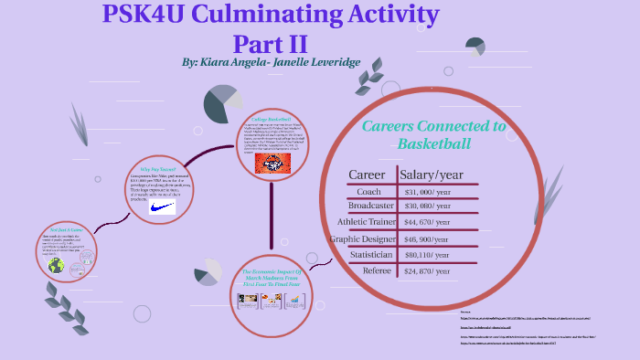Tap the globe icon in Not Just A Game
(57, 266)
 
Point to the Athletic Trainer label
(366, 221)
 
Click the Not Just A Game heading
(65, 229)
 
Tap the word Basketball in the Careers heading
(434, 144)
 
